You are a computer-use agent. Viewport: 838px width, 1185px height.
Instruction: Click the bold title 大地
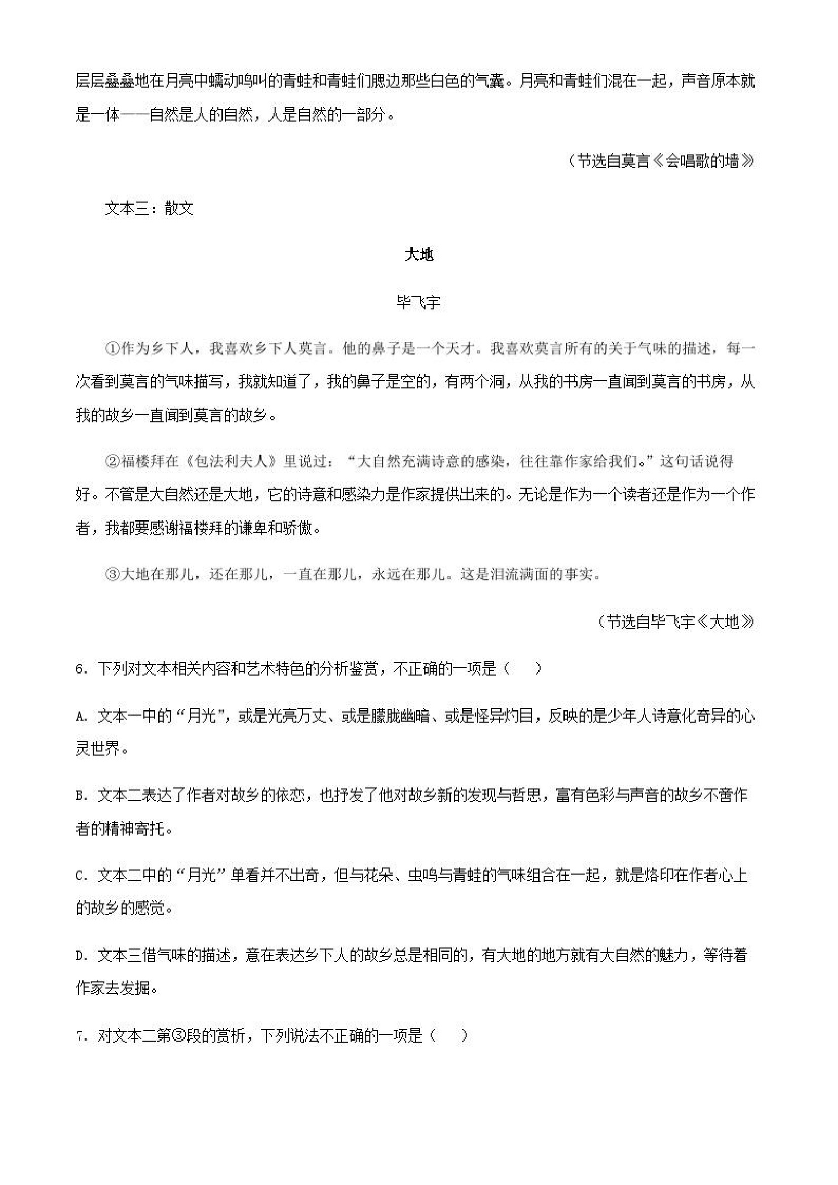(418, 255)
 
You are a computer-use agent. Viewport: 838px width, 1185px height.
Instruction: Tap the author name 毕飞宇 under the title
(418, 302)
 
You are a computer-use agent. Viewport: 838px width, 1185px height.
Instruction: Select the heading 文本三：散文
(149, 209)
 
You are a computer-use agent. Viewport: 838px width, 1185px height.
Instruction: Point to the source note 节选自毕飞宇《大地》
(676, 622)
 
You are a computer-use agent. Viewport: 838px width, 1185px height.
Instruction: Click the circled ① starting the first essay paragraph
(112, 349)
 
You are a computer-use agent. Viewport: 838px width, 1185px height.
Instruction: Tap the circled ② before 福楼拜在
(112, 461)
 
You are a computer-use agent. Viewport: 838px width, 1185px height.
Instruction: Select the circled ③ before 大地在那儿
(112, 574)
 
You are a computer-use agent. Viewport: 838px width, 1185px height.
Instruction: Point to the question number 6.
(80, 669)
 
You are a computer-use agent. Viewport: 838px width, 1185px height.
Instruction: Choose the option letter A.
(80, 717)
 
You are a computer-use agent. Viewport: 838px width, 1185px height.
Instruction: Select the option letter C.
(80, 876)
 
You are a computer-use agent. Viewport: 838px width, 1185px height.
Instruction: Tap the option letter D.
(80, 956)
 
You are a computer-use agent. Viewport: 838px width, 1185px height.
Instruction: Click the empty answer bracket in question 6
(522, 669)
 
